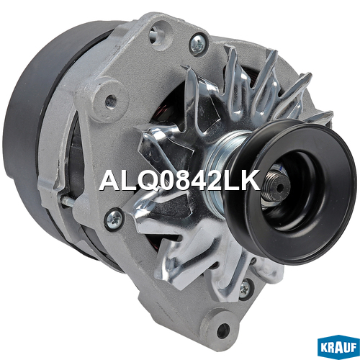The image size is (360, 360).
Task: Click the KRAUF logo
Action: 338,347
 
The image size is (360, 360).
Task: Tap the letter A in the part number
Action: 110,180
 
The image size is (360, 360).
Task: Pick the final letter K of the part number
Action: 251,180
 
